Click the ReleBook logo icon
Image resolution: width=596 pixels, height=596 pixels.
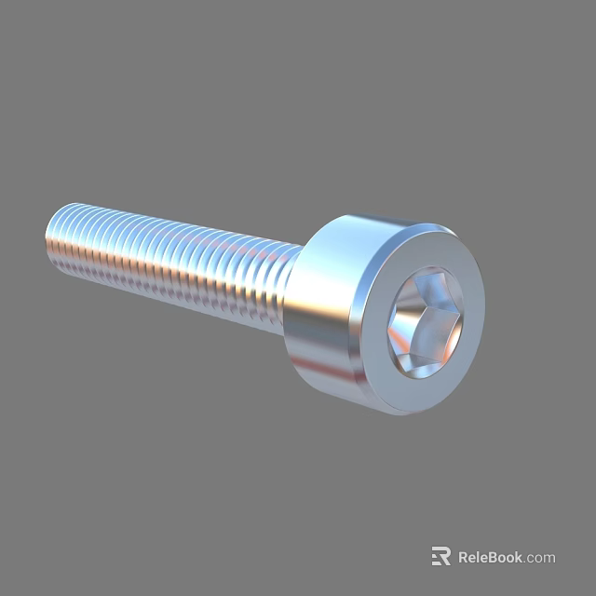point(440,557)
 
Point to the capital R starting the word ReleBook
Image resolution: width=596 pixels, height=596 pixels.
point(464,558)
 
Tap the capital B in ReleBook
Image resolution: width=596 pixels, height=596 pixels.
point(494,558)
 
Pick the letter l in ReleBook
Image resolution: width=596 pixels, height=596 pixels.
point(479,558)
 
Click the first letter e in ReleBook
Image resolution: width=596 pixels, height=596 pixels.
point(472,559)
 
